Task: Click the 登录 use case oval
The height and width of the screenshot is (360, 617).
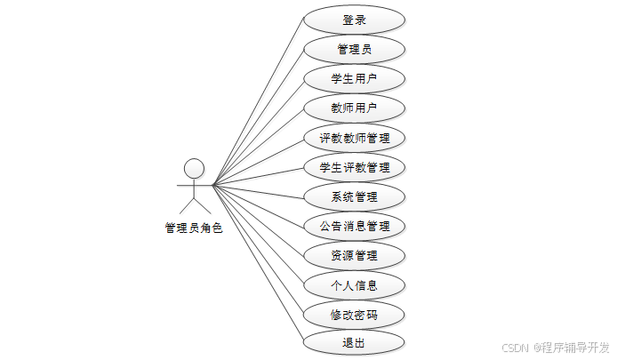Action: [354, 20]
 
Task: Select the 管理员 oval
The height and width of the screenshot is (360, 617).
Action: [354, 49]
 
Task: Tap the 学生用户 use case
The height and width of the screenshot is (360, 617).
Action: [354, 78]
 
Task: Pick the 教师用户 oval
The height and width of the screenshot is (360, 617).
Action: [354, 108]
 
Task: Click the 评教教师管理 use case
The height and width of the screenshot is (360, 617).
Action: [354, 138]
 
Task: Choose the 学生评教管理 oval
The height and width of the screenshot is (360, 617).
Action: [354, 167]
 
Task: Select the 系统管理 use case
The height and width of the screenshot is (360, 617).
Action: [354, 196]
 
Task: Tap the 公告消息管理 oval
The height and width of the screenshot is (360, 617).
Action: [354, 226]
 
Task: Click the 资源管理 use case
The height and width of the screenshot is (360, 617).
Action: [354, 256]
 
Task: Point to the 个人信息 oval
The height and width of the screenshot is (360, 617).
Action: [354, 285]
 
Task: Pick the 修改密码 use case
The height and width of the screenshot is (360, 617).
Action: [354, 315]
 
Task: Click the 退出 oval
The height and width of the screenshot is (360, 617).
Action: [354, 343]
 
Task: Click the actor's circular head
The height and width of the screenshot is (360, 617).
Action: [194, 168]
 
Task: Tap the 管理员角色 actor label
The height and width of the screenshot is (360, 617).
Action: [194, 228]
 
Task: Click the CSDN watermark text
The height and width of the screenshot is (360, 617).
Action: [516, 348]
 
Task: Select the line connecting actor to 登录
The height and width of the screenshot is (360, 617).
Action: [258, 103]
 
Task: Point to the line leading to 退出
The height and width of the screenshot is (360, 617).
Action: [258, 264]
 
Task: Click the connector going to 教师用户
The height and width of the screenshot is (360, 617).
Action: [258, 147]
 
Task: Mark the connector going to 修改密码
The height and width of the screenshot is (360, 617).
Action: [258, 250]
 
